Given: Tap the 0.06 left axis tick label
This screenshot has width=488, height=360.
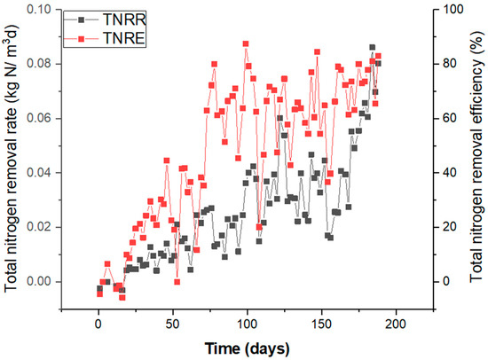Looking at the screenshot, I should (x=42, y=118).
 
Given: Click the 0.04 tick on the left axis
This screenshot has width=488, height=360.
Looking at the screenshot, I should (x=42, y=172).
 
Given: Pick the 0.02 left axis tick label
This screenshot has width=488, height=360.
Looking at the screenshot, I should (x=42, y=227).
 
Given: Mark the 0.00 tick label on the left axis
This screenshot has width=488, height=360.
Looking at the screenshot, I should (x=42, y=281).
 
